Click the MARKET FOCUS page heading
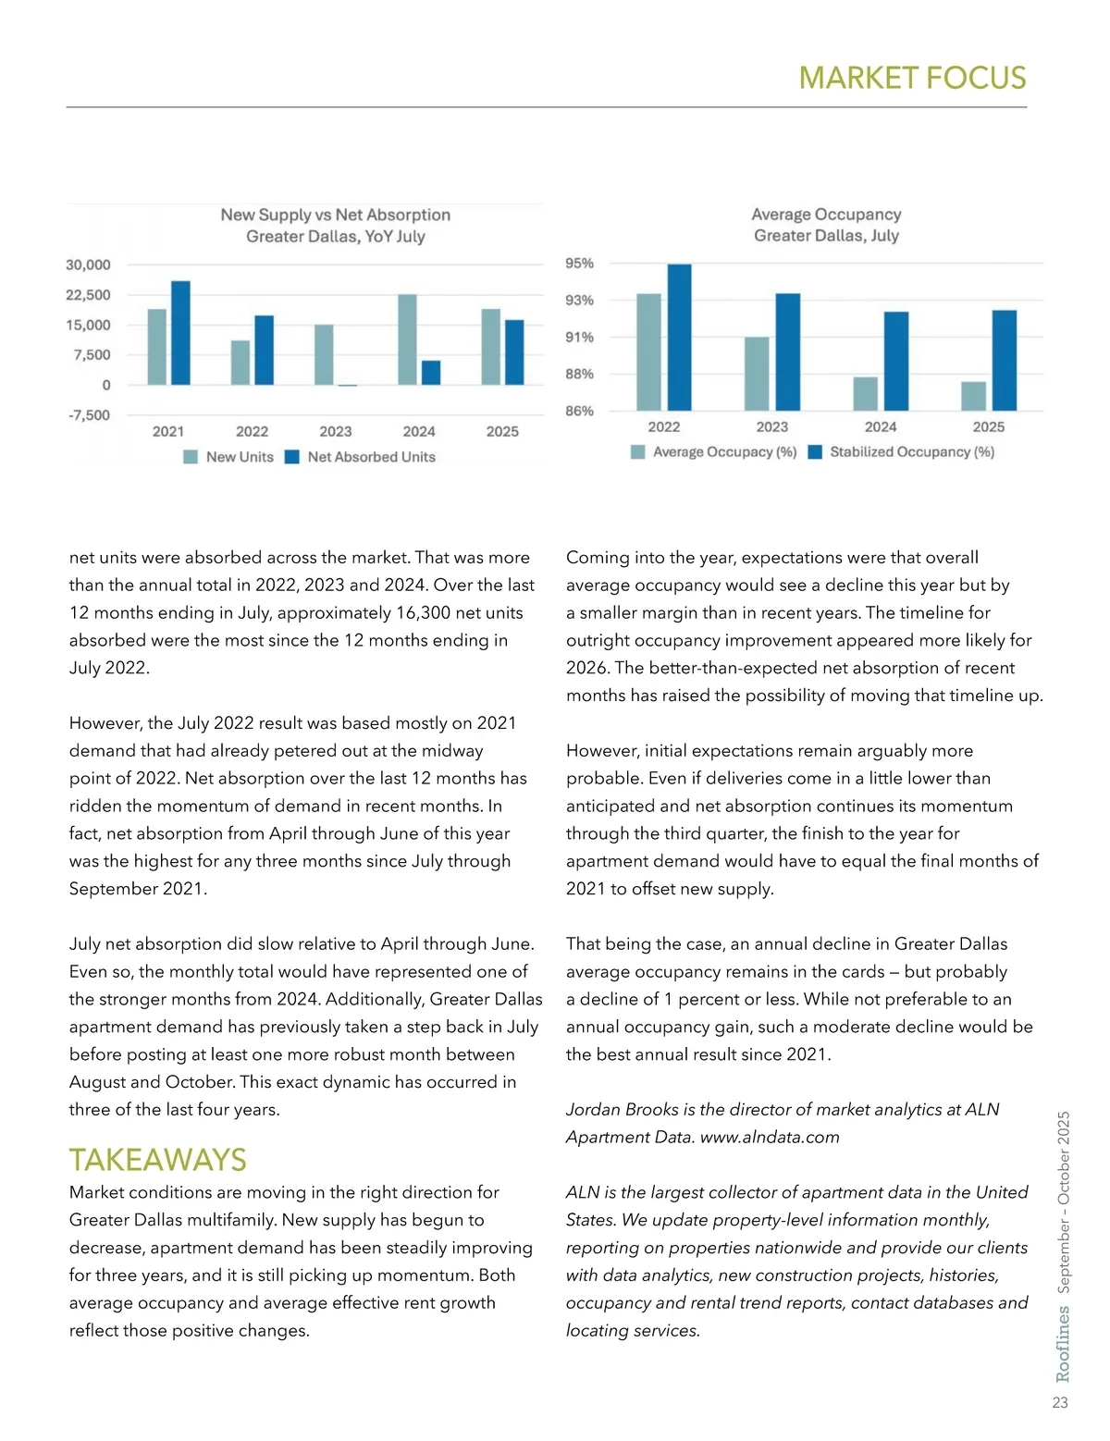pyautogui.click(x=912, y=78)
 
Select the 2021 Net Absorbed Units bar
pyautogui.click(x=180, y=333)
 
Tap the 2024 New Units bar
pyautogui.click(x=407, y=339)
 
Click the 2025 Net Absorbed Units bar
pyautogui.click(x=514, y=352)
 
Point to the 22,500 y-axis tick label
pyautogui.click(x=88, y=295)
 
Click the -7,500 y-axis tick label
pyautogui.click(x=89, y=415)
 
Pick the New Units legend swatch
pyautogui.click(x=191, y=457)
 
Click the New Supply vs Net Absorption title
pyautogui.click(x=335, y=215)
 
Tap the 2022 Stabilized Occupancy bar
pyautogui.click(x=679, y=337)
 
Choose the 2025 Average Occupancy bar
pyautogui.click(x=973, y=396)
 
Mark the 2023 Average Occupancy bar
pyautogui.click(x=757, y=374)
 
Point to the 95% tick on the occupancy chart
pyautogui.click(x=580, y=264)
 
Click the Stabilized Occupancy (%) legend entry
pyautogui.click(x=911, y=452)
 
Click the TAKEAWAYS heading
pyautogui.click(x=157, y=1160)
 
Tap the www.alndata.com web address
pyautogui.click(x=770, y=1137)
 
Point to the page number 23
pyautogui.click(x=1060, y=1403)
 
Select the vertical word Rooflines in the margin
pyautogui.click(x=1063, y=1343)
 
